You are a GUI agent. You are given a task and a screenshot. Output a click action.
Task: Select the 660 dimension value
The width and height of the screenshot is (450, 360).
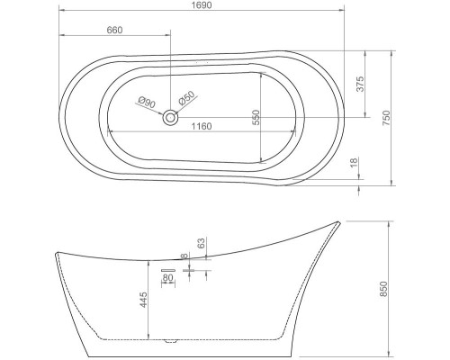click(x=114, y=31)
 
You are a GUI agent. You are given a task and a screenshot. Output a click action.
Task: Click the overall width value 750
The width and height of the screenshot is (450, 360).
click(x=386, y=117)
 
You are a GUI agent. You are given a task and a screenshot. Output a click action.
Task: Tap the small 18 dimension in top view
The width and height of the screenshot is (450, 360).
click(x=355, y=162)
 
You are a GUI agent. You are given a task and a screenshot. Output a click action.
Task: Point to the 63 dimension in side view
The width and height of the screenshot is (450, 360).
click(x=202, y=242)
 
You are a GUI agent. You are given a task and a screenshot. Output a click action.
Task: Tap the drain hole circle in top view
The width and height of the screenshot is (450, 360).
click(x=169, y=116)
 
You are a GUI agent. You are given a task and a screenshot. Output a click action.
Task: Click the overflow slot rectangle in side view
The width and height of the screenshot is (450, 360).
click(x=167, y=269)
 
